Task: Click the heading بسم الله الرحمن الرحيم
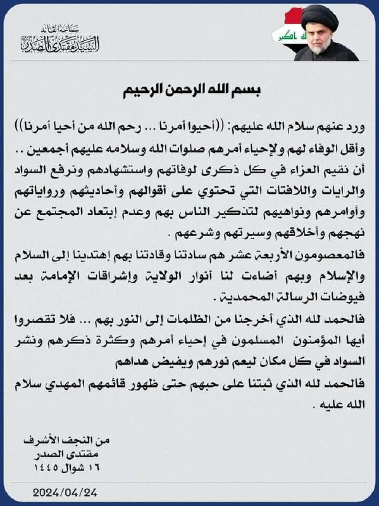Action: click(189, 90)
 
